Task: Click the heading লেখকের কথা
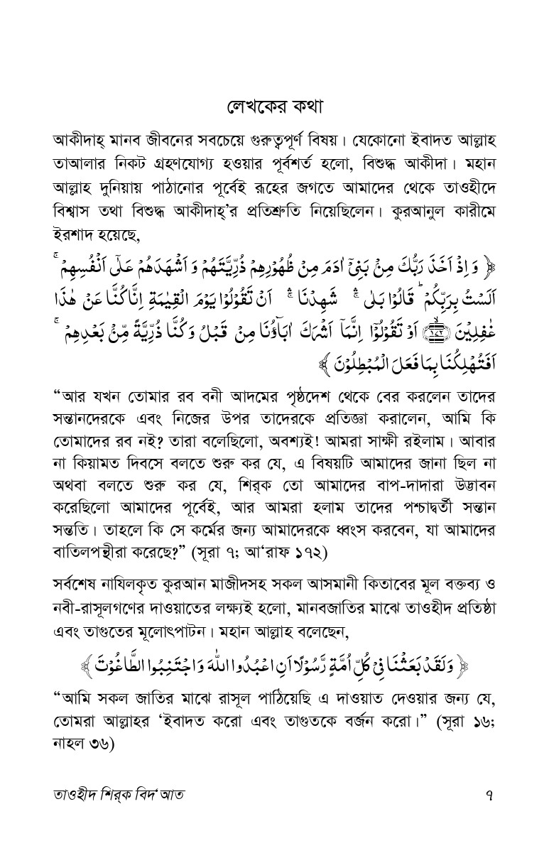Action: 274,107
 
